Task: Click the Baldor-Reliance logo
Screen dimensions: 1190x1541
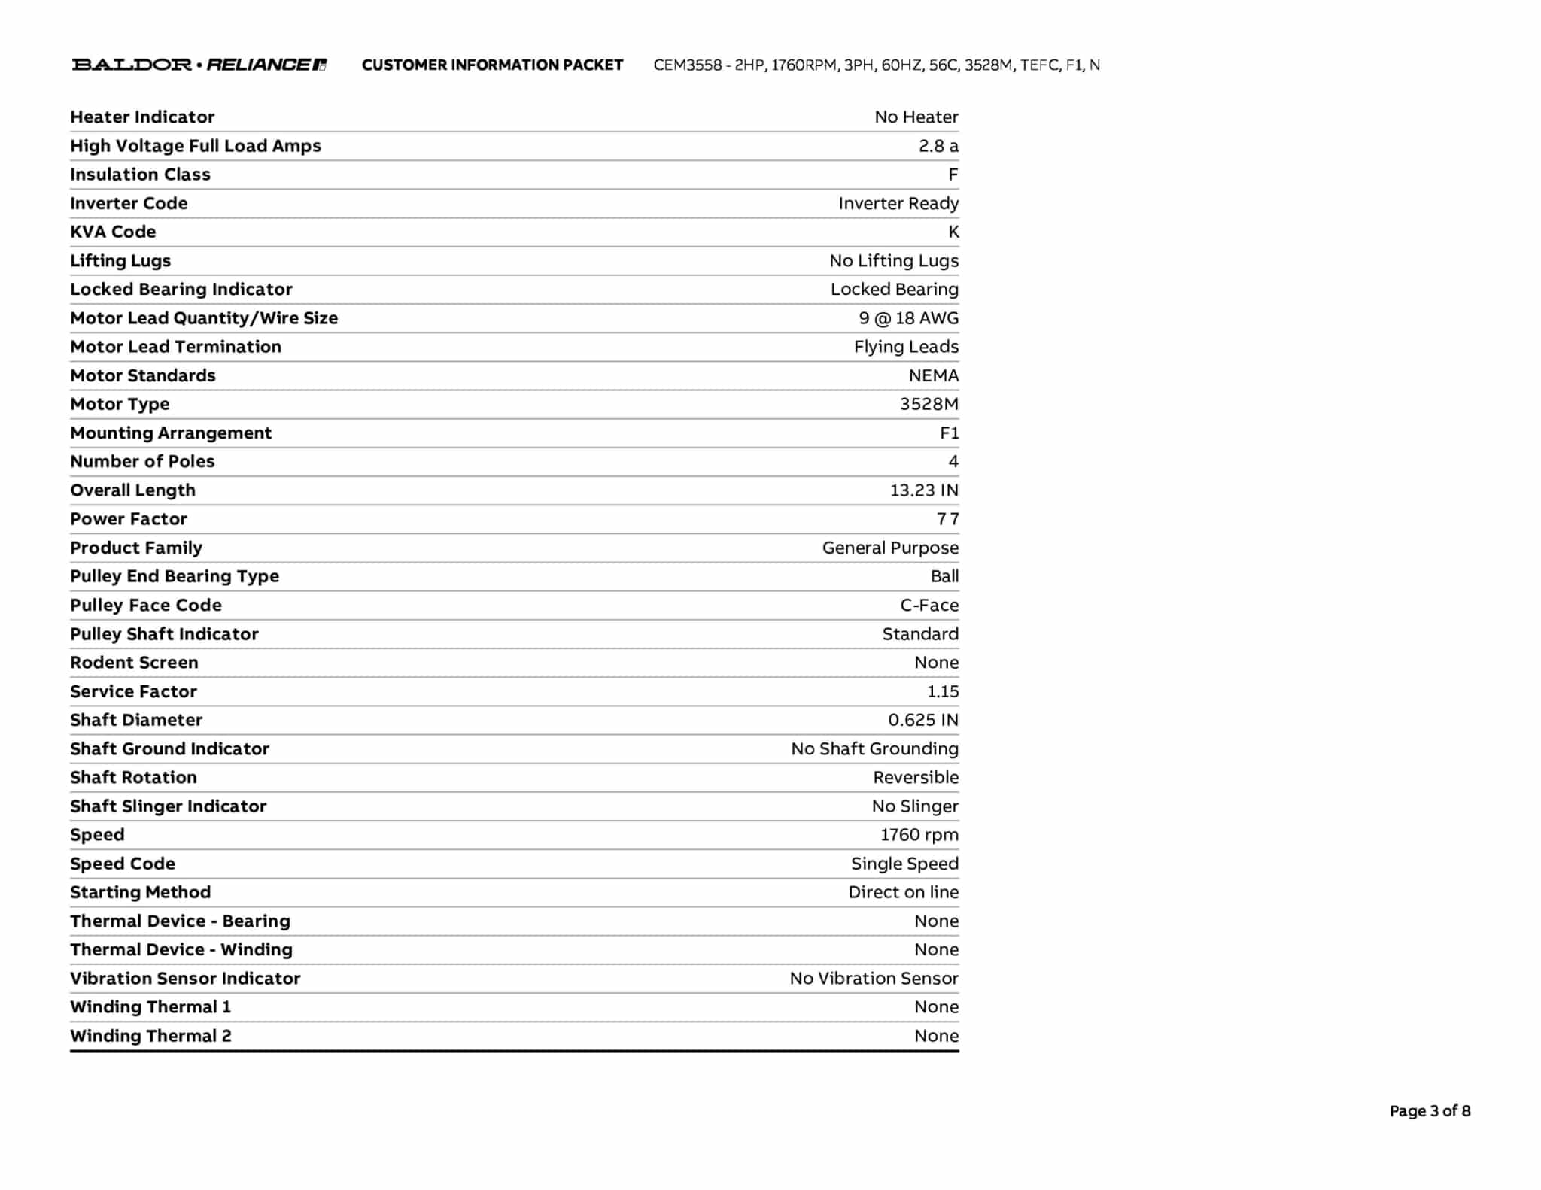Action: tap(199, 65)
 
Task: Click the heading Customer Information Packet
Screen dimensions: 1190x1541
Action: tap(492, 65)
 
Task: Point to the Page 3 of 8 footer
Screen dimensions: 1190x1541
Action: tap(1430, 1110)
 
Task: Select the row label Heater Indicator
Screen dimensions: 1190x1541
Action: tap(142, 117)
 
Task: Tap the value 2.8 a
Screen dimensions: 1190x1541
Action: tap(938, 146)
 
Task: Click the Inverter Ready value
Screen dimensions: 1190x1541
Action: tap(898, 203)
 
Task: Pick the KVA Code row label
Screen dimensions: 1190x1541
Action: tap(113, 232)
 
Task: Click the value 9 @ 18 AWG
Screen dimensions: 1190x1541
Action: tap(908, 318)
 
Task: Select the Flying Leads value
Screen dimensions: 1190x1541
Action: tap(906, 347)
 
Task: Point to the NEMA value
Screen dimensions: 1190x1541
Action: tap(933, 375)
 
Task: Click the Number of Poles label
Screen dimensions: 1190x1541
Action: tap(142, 461)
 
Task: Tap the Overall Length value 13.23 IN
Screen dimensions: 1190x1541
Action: tap(924, 490)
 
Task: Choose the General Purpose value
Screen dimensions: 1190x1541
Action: tap(890, 548)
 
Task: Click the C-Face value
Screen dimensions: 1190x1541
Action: tap(929, 605)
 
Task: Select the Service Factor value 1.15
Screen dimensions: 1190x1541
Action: tap(943, 691)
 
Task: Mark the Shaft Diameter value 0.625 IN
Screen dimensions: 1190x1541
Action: tap(923, 720)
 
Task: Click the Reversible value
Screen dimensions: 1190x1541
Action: tap(916, 777)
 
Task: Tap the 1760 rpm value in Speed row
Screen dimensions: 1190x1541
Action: tap(919, 835)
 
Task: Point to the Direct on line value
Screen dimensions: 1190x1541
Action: tap(904, 892)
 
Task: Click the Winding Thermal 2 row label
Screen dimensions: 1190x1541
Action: tap(150, 1036)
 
